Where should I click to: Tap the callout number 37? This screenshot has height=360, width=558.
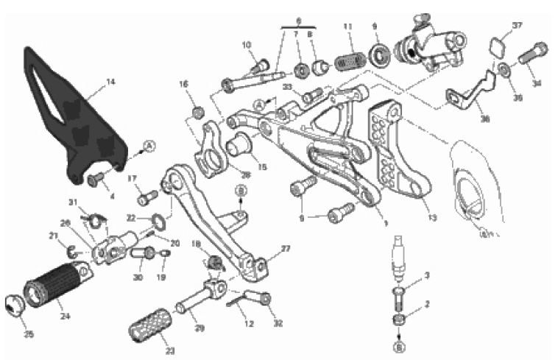pyautogui.click(x=518, y=26)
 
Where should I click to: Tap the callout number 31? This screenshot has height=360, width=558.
pyautogui.click(x=73, y=202)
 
